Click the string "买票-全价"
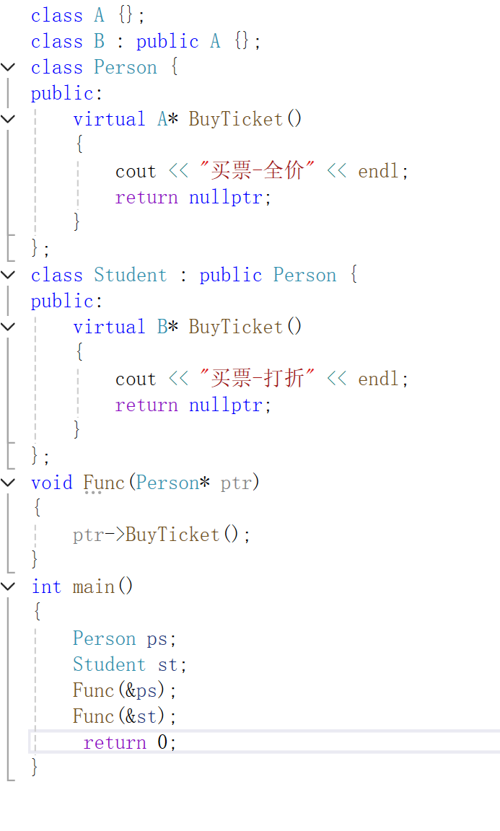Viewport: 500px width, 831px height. (x=258, y=171)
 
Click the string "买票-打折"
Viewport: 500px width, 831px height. (x=258, y=379)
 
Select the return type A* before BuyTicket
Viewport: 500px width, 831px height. (x=167, y=119)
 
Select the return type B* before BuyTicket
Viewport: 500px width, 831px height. (x=167, y=327)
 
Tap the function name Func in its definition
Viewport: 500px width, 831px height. (x=104, y=483)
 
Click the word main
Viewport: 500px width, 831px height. (x=94, y=586)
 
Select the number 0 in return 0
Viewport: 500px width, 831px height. (x=163, y=742)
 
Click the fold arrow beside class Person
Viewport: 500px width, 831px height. (x=8, y=67)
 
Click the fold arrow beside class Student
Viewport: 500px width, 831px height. (x=8, y=275)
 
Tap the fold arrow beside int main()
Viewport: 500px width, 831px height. (x=8, y=586)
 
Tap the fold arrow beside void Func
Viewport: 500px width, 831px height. (x=8, y=483)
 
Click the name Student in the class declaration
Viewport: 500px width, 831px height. (x=130, y=275)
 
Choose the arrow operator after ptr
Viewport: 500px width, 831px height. (x=115, y=535)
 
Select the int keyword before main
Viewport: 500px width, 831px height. (x=46, y=586)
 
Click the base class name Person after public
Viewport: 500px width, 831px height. (x=304, y=275)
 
